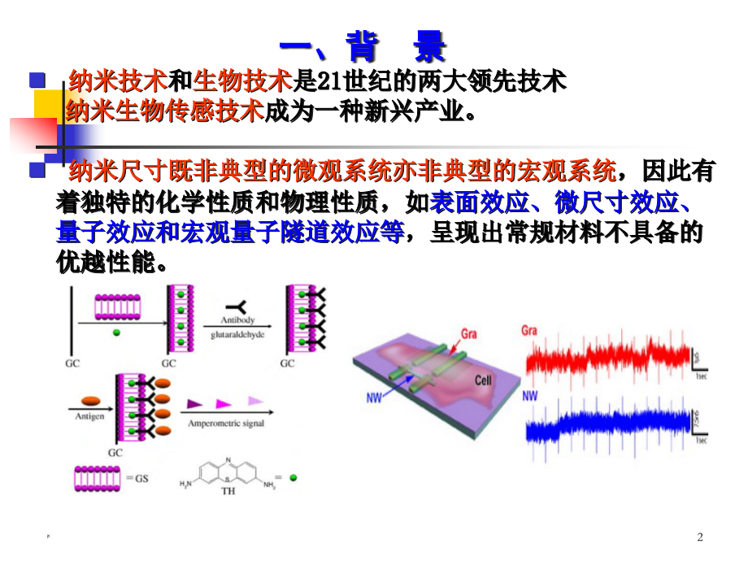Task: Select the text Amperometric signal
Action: coord(225,424)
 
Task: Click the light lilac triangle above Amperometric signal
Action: coord(255,401)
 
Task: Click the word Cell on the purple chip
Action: coord(485,380)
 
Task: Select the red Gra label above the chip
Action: coord(468,333)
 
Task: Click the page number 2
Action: coord(701,537)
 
